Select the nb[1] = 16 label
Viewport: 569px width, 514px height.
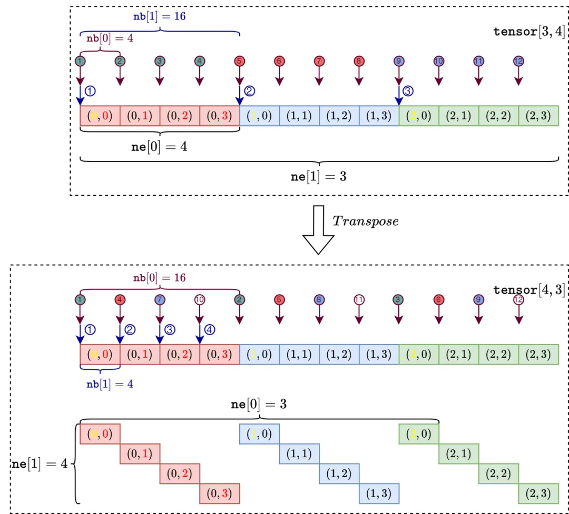[x=159, y=16]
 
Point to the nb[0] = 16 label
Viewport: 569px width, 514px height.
[x=159, y=277]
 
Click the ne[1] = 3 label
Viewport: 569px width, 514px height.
[x=318, y=176]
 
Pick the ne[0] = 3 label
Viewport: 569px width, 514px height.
[x=259, y=405]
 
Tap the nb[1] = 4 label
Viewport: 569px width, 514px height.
[x=110, y=384]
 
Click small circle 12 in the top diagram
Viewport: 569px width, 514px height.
[x=519, y=61]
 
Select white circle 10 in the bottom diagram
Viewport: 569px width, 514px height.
[x=200, y=300]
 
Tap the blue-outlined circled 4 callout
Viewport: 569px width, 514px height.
[x=210, y=330]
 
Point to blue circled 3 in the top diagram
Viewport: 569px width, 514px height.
[x=409, y=90]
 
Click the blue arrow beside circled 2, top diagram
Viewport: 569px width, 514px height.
[x=240, y=95]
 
